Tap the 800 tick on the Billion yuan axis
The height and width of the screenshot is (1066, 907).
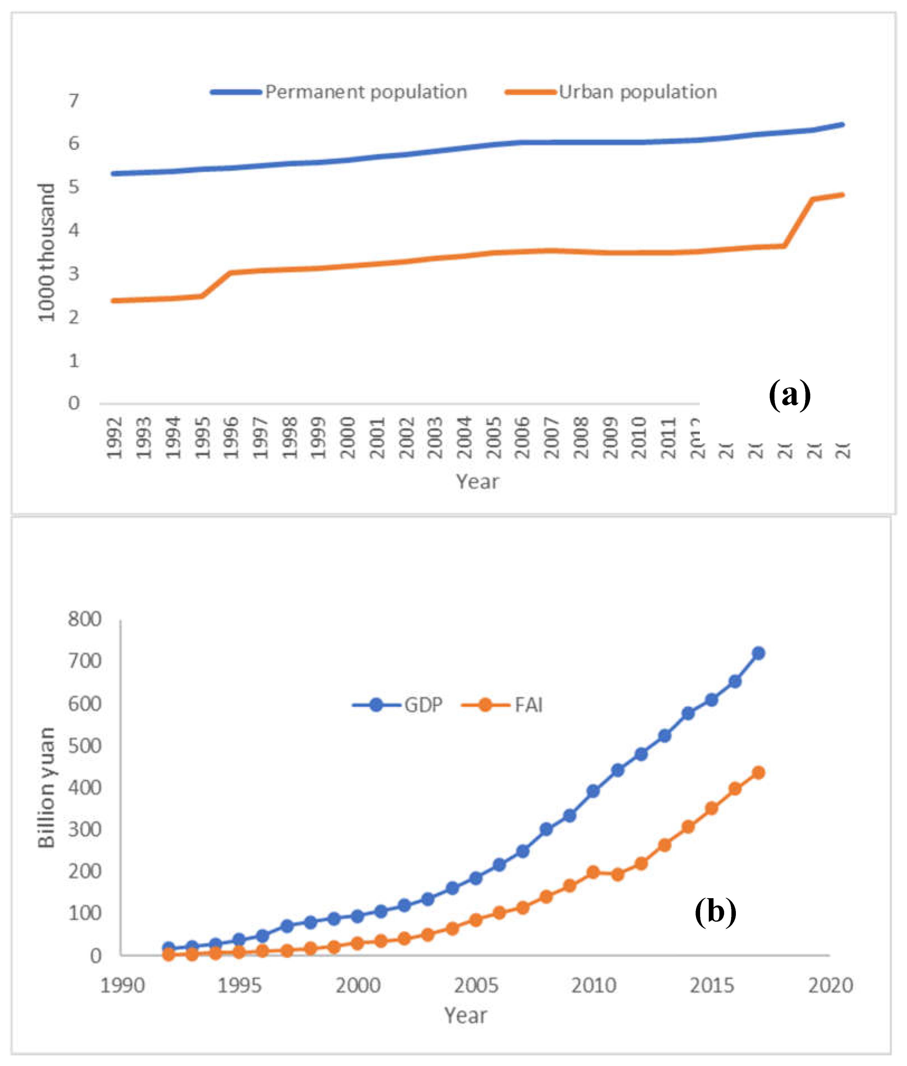(x=85, y=619)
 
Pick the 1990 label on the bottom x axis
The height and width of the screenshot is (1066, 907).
(x=122, y=986)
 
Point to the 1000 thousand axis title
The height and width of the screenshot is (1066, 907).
(x=46, y=252)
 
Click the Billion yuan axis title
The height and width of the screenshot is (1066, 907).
(x=46, y=787)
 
